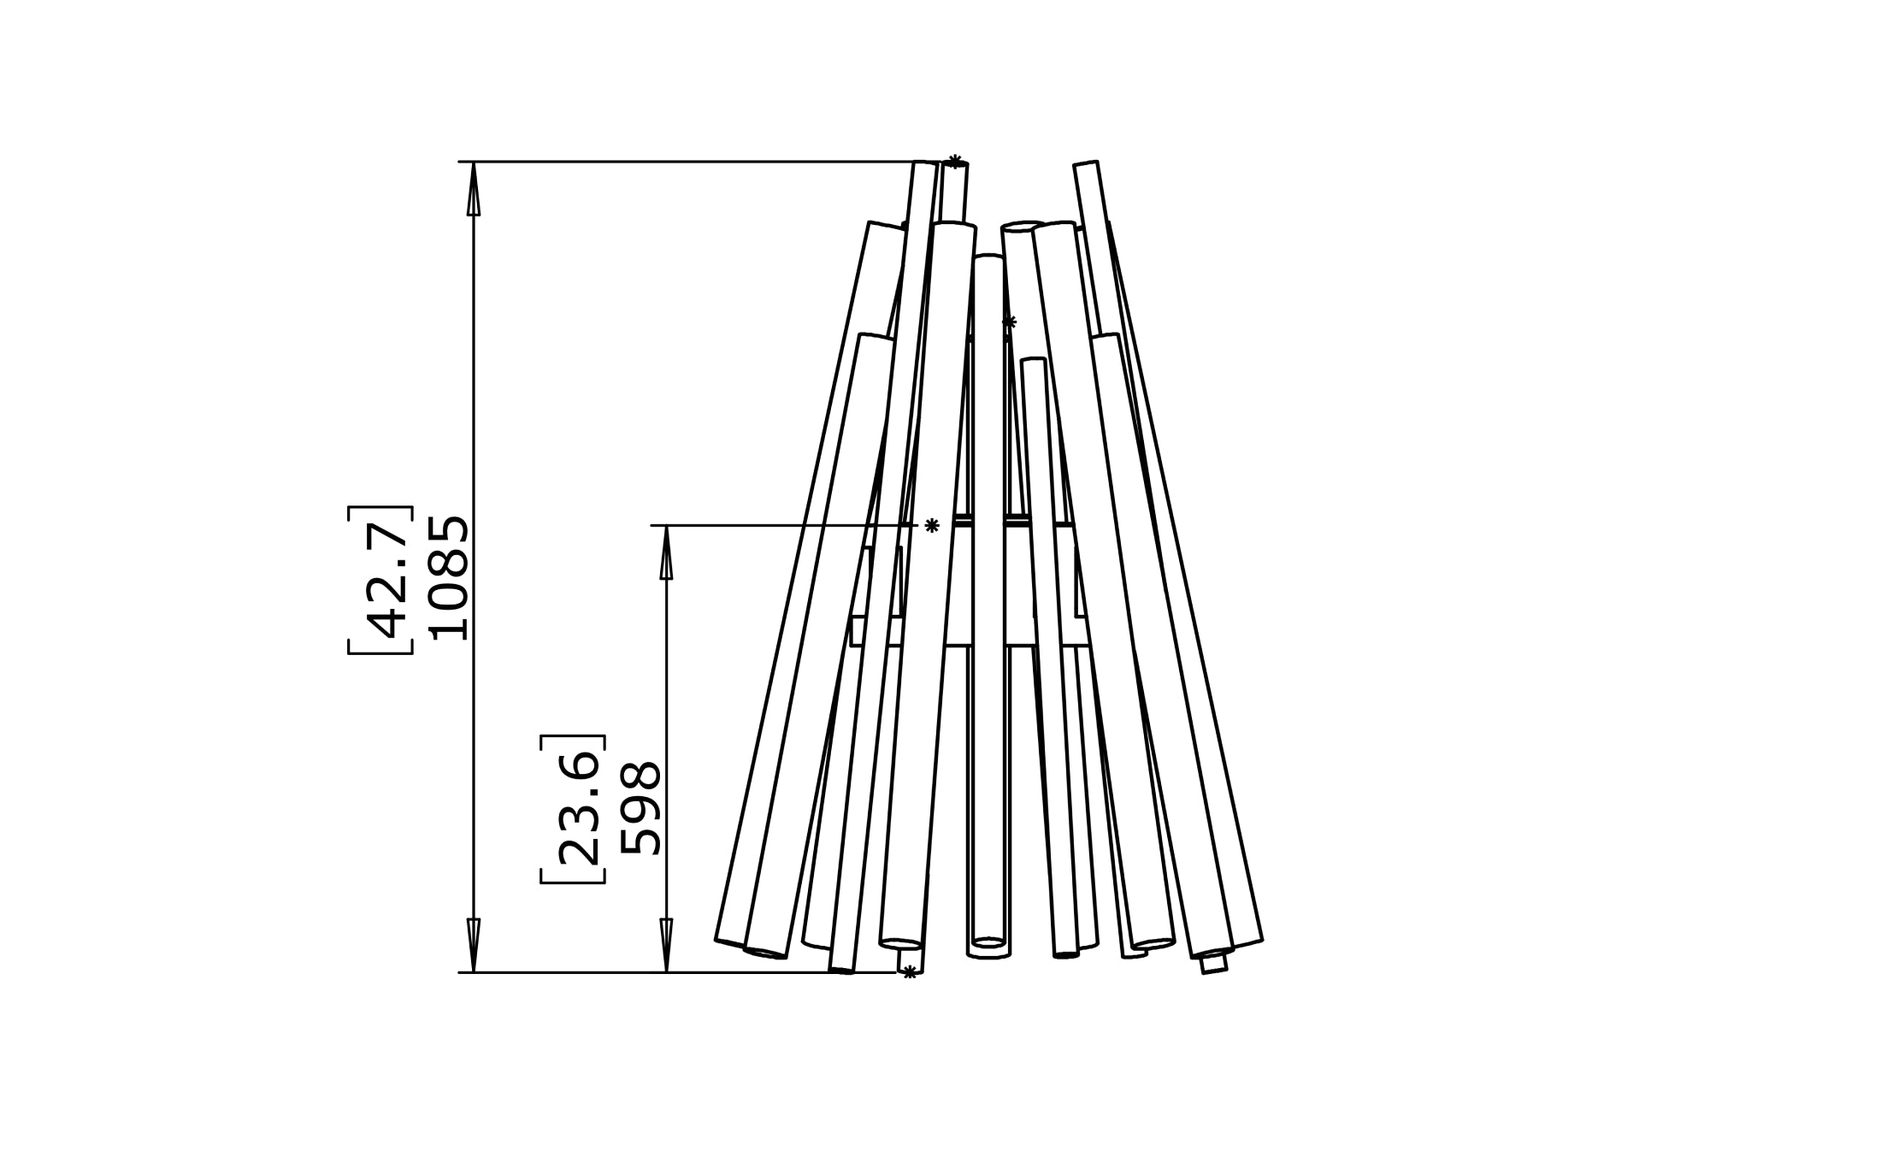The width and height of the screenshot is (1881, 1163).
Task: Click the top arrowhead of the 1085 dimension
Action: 473,190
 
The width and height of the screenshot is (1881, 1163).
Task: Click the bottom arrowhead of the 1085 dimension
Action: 473,944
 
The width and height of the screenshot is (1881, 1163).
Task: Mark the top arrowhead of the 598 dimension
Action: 666,553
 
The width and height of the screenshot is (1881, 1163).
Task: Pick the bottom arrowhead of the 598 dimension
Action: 666,944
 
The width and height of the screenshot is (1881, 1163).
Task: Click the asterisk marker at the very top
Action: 955,161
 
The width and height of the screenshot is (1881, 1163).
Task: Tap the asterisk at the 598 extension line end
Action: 932,525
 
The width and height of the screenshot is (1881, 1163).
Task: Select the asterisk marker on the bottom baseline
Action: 910,971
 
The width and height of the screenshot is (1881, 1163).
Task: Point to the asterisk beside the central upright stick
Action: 1009,322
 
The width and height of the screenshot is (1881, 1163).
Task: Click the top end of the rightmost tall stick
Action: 1086,164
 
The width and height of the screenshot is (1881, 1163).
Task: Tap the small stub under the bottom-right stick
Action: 1213,964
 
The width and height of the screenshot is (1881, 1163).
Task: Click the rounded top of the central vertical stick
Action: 988,257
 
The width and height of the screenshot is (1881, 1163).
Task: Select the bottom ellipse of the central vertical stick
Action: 989,942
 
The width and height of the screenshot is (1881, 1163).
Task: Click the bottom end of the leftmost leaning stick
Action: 730,942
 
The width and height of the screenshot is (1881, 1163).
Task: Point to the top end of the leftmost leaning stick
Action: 886,226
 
